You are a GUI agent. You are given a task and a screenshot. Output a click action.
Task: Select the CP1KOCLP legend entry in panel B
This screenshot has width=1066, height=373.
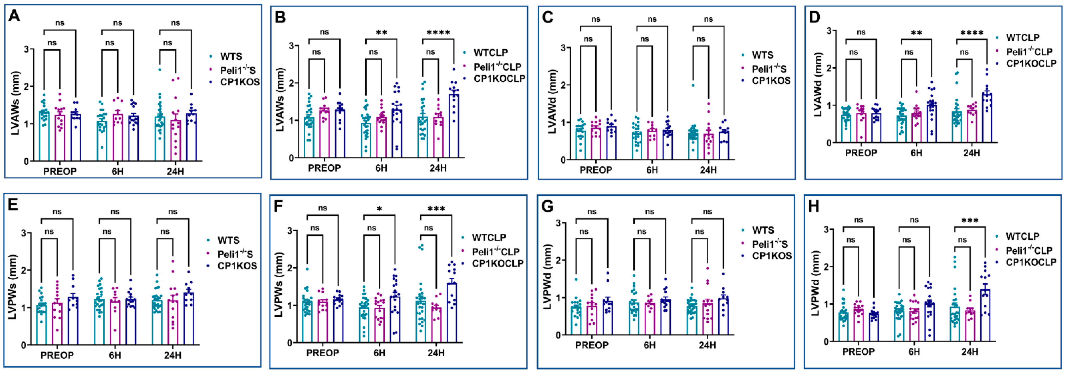pyautogui.click(x=499, y=79)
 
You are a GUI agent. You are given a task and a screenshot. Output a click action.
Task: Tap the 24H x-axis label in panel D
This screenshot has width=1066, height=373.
pyautogui.click(x=972, y=153)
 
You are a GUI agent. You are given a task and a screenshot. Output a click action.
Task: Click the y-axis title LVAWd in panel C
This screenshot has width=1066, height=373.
pyautogui.click(x=553, y=101)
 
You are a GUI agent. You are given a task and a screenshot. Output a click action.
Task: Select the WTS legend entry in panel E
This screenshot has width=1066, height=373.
pyautogui.click(x=228, y=240)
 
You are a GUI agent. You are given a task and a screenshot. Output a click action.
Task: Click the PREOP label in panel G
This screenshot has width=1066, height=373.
pyautogui.click(x=592, y=345)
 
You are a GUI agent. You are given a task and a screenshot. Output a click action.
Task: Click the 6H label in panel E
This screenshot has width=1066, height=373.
pyautogui.click(x=115, y=355)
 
